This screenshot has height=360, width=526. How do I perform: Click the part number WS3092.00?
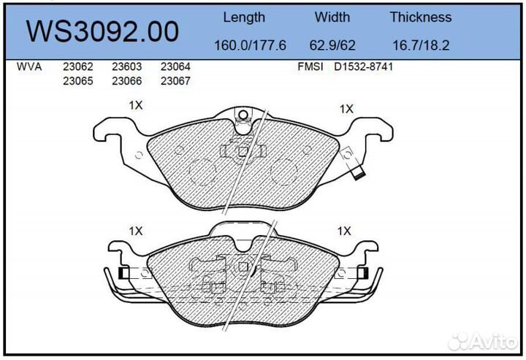(102, 31)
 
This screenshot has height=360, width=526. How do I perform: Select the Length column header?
(243, 17)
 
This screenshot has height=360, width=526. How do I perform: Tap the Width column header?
(332, 17)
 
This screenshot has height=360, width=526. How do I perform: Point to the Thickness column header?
(420, 17)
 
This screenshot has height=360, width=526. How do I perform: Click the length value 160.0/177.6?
(243, 45)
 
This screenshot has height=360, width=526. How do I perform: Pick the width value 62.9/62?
(332, 45)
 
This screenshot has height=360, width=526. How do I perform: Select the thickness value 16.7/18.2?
(420, 45)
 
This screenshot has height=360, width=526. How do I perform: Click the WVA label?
(28, 66)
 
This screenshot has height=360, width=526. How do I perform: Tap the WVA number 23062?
(77, 66)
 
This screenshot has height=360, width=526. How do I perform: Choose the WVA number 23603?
(126, 66)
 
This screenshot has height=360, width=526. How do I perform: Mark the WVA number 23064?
(175, 66)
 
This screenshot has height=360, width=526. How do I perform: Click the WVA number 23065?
(77, 81)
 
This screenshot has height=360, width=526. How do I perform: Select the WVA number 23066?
(126, 81)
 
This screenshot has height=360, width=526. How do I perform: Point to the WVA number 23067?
(175, 81)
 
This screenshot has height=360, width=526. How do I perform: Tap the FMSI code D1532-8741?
(365, 66)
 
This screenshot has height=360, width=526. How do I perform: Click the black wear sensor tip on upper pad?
(359, 175)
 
